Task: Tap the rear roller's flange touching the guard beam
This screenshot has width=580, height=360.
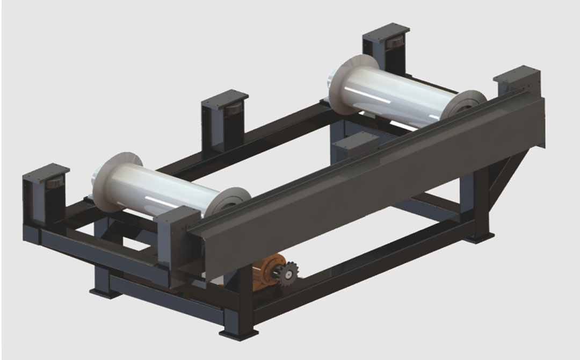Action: (462, 107)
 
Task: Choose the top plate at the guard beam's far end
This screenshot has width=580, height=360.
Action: (516, 73)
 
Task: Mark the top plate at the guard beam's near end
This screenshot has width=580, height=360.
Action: (180, 215)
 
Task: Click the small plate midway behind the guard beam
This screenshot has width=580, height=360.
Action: (357, 141)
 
